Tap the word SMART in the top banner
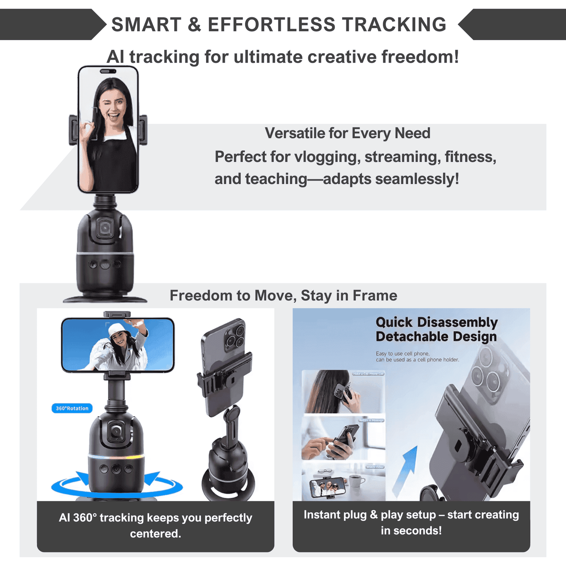146,25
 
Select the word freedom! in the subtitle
420,57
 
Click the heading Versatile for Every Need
347,133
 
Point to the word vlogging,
327,157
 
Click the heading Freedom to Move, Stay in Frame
283,295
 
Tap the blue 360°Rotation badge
72,408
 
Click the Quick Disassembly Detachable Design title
436,329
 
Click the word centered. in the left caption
156,533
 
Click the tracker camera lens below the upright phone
105,228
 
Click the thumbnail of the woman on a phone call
343,392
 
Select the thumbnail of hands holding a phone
343,438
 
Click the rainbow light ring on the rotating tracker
116,457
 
